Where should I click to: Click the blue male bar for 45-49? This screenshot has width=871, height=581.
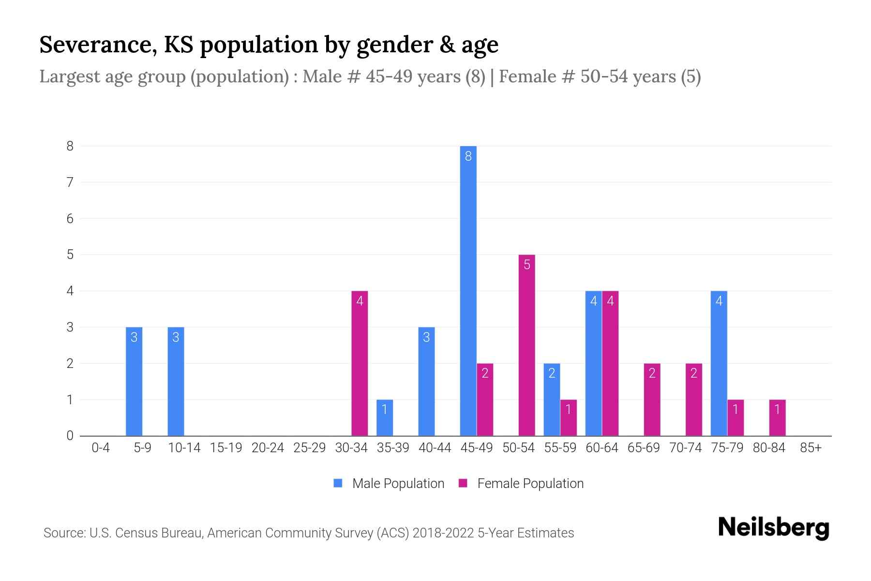[x=468, y=290]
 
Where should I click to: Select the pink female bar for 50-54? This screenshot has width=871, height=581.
[x=526, y=345]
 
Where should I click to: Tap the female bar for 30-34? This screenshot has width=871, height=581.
[x=360, y=363]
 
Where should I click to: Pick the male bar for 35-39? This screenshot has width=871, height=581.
[x=385, y=417]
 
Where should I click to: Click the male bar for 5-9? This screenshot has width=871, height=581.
[x=134, y=381]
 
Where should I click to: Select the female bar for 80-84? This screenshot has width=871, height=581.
[x=777, y=417]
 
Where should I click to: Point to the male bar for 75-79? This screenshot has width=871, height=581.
[x=719, y=363]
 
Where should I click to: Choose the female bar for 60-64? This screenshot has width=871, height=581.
[x=610, y=363]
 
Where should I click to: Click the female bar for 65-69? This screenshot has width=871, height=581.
[x=652, y=399]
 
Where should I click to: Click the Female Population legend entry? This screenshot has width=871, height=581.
[x=521, y=483]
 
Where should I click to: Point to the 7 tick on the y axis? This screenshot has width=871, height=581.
[x=70, y=183]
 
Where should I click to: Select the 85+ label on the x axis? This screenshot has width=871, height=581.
[x=811, y=448]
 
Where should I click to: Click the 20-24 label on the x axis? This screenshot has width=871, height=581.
[x=268, y=448]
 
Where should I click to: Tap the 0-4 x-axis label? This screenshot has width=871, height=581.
[x=101, y=448]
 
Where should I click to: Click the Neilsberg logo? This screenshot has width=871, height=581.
[x=773, y=527]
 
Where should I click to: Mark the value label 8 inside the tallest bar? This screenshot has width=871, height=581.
[x=468, y=156]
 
